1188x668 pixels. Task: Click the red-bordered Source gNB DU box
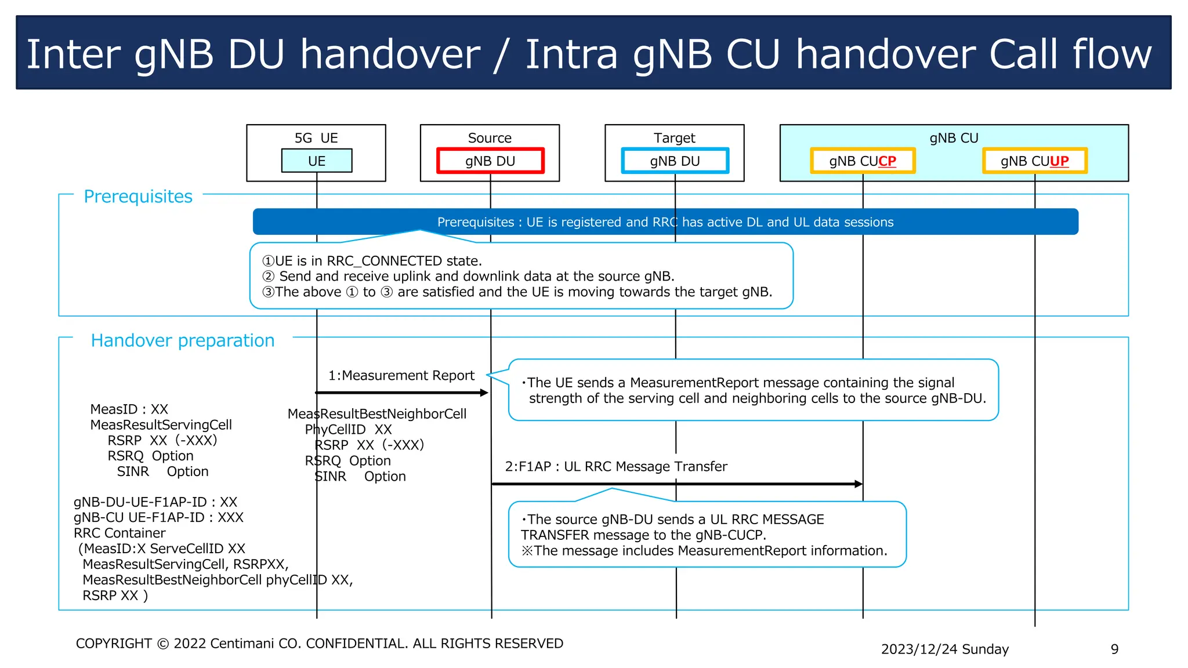click(x=490, y=161)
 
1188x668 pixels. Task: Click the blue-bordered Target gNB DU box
click(x=675, y=161)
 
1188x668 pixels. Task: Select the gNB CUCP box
click(x=863, y=161)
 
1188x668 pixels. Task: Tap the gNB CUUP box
click(x=1034, y=161)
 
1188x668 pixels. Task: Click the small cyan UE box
click(x=317, y=161)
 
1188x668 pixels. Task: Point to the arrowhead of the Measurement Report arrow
click(x=485, y=393)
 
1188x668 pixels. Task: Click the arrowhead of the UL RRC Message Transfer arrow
click(x=859, y=484)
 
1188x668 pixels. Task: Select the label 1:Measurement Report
click(x=401, y=376)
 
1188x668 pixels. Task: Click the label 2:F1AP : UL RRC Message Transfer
click(x=615, y=466)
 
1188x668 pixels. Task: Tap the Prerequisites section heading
click(x=138, y=197)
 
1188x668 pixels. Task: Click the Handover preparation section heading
click(x=183, y=340)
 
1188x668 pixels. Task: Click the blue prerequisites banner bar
click(x=665, y=222)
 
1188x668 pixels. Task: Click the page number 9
click(x=1114, y=649)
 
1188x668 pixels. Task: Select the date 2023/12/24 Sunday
click(x=944, y=649)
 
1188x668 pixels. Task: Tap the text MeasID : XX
click(x=129, y=409)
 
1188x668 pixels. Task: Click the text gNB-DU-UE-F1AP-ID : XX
click(x=155, y=502)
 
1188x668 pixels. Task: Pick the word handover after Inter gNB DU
click(x=390, y=54)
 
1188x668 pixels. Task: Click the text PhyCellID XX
click(x=348, y=430)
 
